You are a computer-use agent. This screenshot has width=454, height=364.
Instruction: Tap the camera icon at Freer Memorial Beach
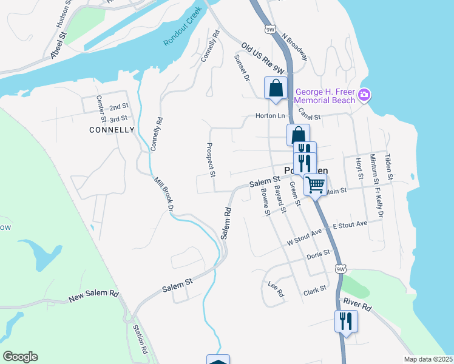[364, 95]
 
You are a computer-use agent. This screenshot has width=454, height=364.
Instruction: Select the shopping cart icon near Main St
[315, 184]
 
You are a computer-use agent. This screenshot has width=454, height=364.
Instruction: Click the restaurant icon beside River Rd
[346, 320]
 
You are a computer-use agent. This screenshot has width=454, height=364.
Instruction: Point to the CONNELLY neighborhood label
[111, 130]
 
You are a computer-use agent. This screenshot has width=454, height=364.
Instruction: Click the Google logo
[20, 357]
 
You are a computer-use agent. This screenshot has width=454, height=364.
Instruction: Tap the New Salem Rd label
[94, 296]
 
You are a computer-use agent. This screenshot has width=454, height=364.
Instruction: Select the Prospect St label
[211, 160]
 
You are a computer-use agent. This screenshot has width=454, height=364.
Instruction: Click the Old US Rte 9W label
[262, 57]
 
